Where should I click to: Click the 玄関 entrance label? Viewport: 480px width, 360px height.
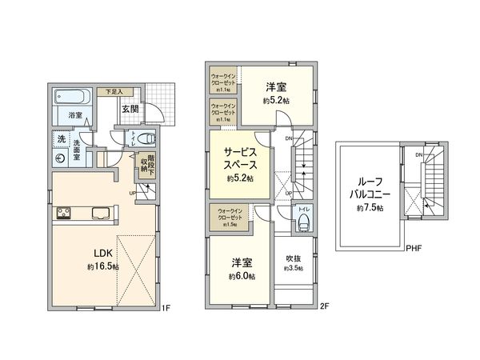130,109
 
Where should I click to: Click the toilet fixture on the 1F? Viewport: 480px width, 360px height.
146,136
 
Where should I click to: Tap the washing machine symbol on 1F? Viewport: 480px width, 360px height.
62,158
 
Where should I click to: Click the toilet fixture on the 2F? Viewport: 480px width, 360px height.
304,223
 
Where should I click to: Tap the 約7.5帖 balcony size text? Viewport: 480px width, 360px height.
369,207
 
